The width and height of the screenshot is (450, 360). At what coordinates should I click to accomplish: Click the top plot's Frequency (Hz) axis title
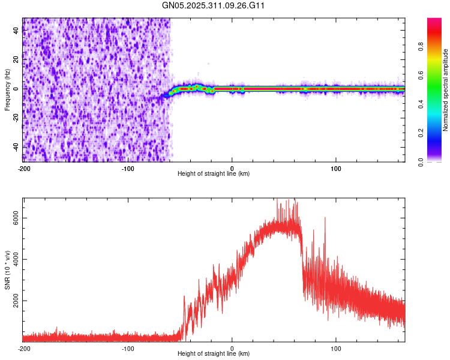coord(7,90)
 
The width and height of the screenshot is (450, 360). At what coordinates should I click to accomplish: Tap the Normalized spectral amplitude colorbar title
coord(445,90)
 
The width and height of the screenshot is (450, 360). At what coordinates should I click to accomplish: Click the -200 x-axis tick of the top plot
coord(23,167)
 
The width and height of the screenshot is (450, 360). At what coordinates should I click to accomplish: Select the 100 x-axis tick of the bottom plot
coord(336,348)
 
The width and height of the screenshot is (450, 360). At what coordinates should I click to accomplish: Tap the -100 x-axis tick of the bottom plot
coord(127,348)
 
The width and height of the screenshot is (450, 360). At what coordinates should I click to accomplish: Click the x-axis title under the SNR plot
coord(214,354)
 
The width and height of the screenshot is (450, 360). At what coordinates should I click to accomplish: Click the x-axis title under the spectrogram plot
coord(214,174)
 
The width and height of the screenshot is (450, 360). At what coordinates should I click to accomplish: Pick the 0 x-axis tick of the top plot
coord(232,167)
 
